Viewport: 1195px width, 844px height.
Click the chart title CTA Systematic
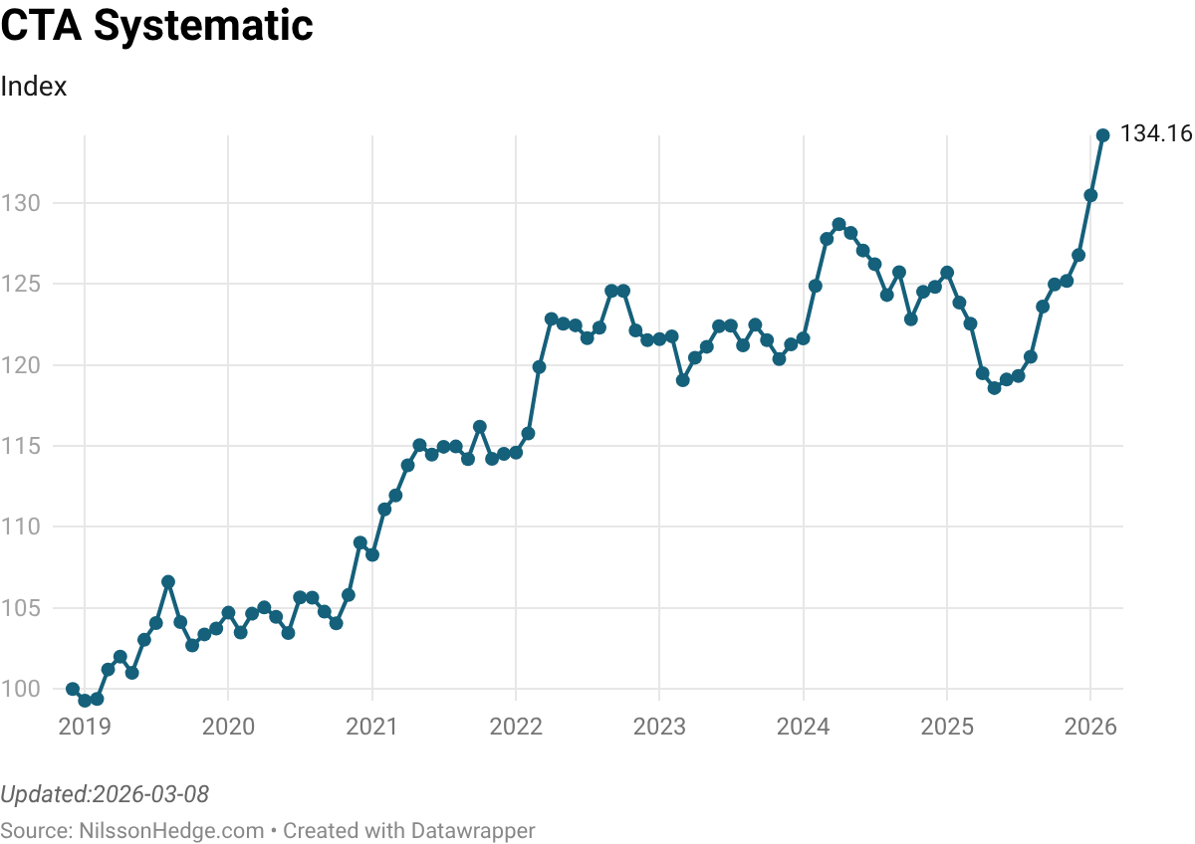pos(157,26)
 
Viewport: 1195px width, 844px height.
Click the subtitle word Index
pos(34,87)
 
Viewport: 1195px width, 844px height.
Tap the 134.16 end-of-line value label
pos(1156,134)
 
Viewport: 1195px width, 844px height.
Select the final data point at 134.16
pos(1102,135)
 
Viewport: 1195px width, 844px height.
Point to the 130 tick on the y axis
pos(21,203)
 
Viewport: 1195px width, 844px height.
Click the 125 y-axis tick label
pos(21,284)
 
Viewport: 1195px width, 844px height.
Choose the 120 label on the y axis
pos(21,365)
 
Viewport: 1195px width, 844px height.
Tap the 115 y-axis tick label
pos(21,446)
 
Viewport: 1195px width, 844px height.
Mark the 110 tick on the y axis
pos(21,527)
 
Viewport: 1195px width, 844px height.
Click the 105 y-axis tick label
pos(21,608)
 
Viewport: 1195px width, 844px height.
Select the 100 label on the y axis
pos(21,689)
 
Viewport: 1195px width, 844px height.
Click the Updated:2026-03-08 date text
pos(105,794)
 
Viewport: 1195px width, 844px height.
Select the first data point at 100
pos(73,689)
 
